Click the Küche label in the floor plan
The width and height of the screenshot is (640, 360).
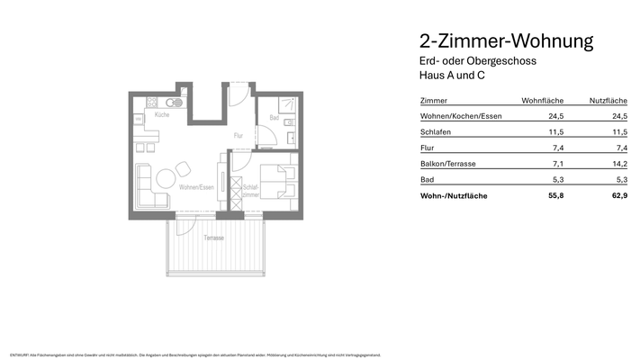[161, 115]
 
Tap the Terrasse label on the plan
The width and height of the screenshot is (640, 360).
[213, 238]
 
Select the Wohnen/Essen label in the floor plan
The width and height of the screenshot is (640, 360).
[195, 187]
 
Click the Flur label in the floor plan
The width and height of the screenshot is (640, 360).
[239, 136]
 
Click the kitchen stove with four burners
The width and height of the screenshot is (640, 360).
[140, 102]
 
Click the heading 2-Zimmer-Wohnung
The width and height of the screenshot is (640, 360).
[506, 41]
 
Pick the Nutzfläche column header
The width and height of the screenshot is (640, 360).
[608, 101]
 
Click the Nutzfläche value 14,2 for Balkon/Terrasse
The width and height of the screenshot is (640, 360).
[619, 163]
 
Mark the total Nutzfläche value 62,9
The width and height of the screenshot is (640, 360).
[618, 194]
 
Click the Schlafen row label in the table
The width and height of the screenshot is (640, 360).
[436, 132]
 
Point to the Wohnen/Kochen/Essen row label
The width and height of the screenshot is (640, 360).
[461, 116]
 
